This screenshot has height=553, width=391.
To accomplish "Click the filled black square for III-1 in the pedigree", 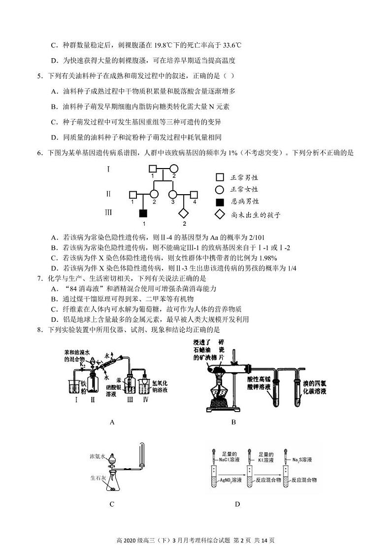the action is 143,213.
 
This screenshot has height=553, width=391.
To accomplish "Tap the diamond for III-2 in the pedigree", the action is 183,213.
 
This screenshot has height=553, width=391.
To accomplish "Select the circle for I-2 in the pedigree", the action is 173,169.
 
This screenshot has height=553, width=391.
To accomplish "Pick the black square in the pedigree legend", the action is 220,202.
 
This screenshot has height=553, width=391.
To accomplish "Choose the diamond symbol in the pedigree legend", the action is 220,214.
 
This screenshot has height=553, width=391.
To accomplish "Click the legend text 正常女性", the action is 245,189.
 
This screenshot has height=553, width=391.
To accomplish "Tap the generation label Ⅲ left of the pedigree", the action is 109,213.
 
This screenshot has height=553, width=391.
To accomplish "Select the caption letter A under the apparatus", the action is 112,422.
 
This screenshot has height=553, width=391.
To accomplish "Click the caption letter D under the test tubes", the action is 237,504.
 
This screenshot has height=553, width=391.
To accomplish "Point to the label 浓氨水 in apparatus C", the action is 98,456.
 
